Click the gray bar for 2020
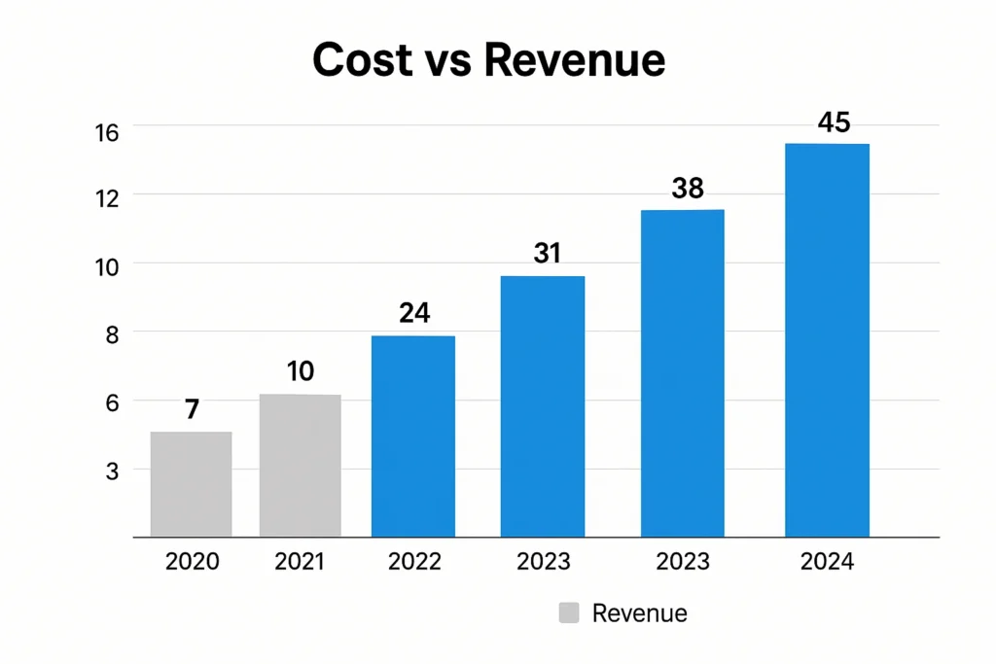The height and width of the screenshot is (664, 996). pyautogui.click(x=191, y=484)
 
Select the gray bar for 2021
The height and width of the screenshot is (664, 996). pyautogui.click(x=300, y=466)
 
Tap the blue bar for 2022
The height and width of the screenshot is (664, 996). pyautogui.click(x=413, y=437)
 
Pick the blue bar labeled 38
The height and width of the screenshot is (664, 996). pyautogui.click(x=682, y=373)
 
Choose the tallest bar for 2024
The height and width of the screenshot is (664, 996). pyautogui.click(x=827, y=340)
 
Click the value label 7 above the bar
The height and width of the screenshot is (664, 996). pyautogui.click(x=192, y=409)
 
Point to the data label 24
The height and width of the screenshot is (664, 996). pyautogui.click(x=414, y=313)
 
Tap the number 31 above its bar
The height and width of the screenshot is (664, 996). pyautogui.click(x=548, y=254)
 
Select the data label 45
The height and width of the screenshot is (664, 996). pyautogui.click(x=834, y=122)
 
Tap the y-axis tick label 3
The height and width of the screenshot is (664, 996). pyautogui.click(x=137, y=472)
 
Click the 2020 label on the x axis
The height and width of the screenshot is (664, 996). pyautogui.click(x=192, y=562)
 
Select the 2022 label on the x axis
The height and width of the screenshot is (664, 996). pyautogui.click(x=414, y=562)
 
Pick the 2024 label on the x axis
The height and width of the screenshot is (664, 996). pyautogui.click(x=827, y=562)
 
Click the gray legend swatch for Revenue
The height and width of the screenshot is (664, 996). pyautogui.click(x=569, y=613)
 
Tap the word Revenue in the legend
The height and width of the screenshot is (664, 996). pyautogui.click(x=639, y=613)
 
